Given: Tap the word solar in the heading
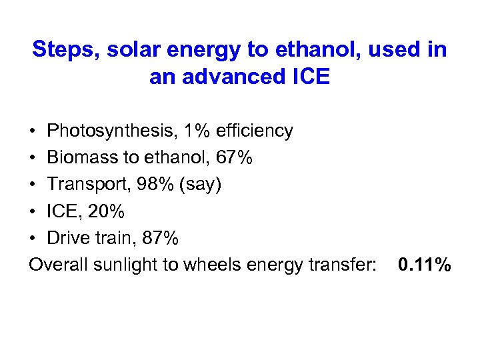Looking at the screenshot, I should coord(131,49).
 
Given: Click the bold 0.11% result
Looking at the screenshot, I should coord(424,265).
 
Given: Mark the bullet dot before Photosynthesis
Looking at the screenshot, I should coord(33,131).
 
